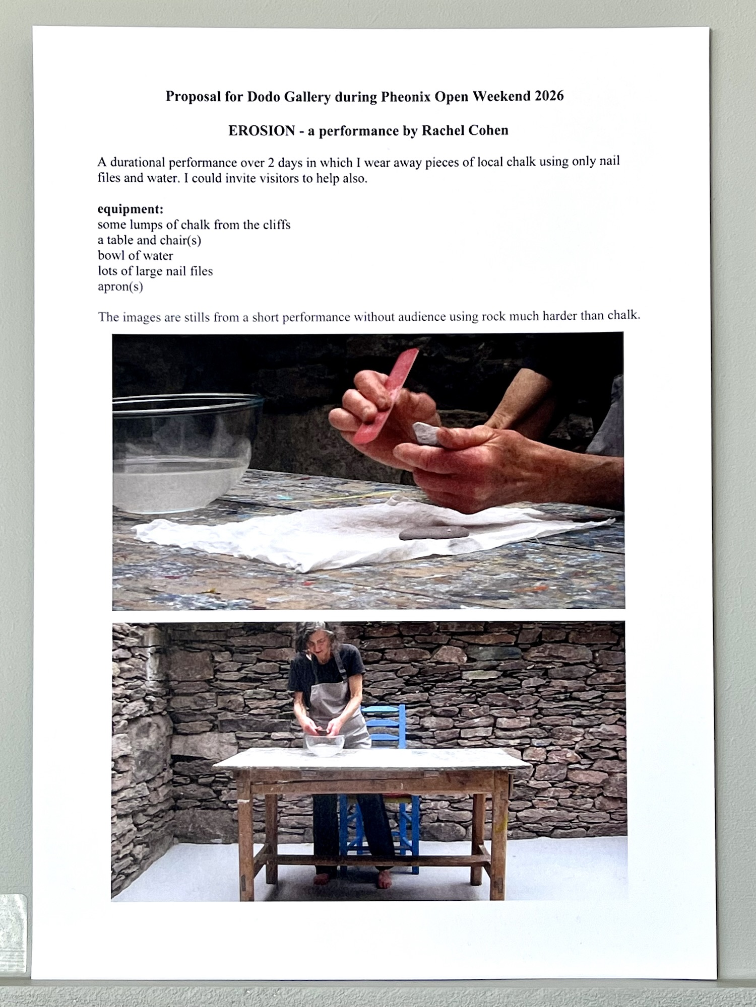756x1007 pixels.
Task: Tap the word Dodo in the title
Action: (x=264, y=97)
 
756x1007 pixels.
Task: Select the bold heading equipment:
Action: (x=130, y=209)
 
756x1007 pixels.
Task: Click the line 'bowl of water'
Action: (x=136, y=255)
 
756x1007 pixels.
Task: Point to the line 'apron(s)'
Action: (x=120, y=287)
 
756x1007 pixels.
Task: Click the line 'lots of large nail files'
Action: (x=155, y=271)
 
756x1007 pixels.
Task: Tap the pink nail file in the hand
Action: (x=387, y=395)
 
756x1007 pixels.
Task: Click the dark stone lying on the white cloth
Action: (x=434, y=533)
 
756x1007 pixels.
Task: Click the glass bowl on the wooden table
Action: (x=325, y=745)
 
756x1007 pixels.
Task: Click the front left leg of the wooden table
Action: (x=245, y=840)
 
